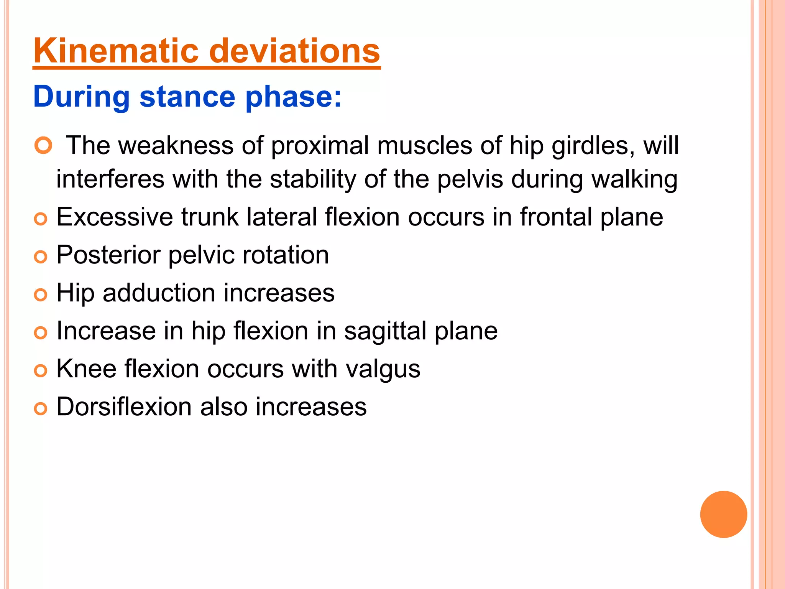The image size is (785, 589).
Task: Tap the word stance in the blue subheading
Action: click(x=187, y=97)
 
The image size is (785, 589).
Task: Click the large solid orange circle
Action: click(x=723, y=514)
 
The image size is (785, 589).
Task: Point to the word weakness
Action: click(x=176, y=146)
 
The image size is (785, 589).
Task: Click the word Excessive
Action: click(x=115, y=217)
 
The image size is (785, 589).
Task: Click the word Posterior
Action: click(x=108, y=255)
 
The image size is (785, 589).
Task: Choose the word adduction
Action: click(x=159, y=293)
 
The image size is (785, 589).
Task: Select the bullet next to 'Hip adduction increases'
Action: click(x=40, y=295)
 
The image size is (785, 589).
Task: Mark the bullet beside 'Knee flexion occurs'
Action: click(x=40, y=371)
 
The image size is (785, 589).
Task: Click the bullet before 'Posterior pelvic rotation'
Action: click(x=40, y=257)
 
